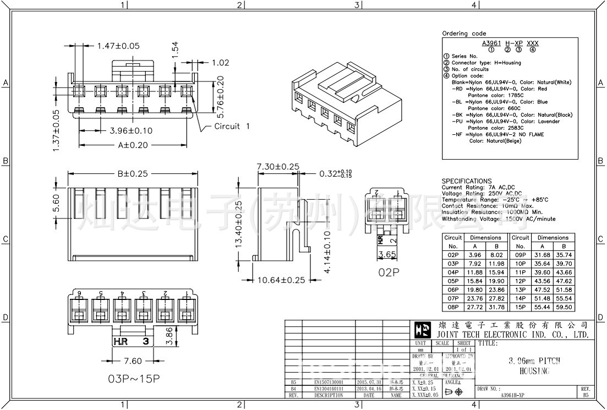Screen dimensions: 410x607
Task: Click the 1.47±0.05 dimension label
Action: pyautogui.click(x=118, y=46)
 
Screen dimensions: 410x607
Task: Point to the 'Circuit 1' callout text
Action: pyautogui.click(x=232, y=126)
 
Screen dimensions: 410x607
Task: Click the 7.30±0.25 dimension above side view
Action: pyautogui.click(x=278, y=166)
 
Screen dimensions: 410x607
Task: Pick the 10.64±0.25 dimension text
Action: pyautogui.click(x=281, y=280)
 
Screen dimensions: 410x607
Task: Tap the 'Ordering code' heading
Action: pyautogui.click(x=464, y=34)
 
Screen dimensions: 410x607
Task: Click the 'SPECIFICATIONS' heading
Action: pyautogui.click(x=467, y=181)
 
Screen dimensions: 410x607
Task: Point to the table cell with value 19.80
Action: pyautogui.click(x=474, y=289)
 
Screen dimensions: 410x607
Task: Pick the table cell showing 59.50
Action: pyautogui.click(x=564, y=307)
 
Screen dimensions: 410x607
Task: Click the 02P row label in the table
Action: pyautogui.click(x=453, y=255)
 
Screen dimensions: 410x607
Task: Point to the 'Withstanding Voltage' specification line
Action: pyautogui.click(x=498, y=219)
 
